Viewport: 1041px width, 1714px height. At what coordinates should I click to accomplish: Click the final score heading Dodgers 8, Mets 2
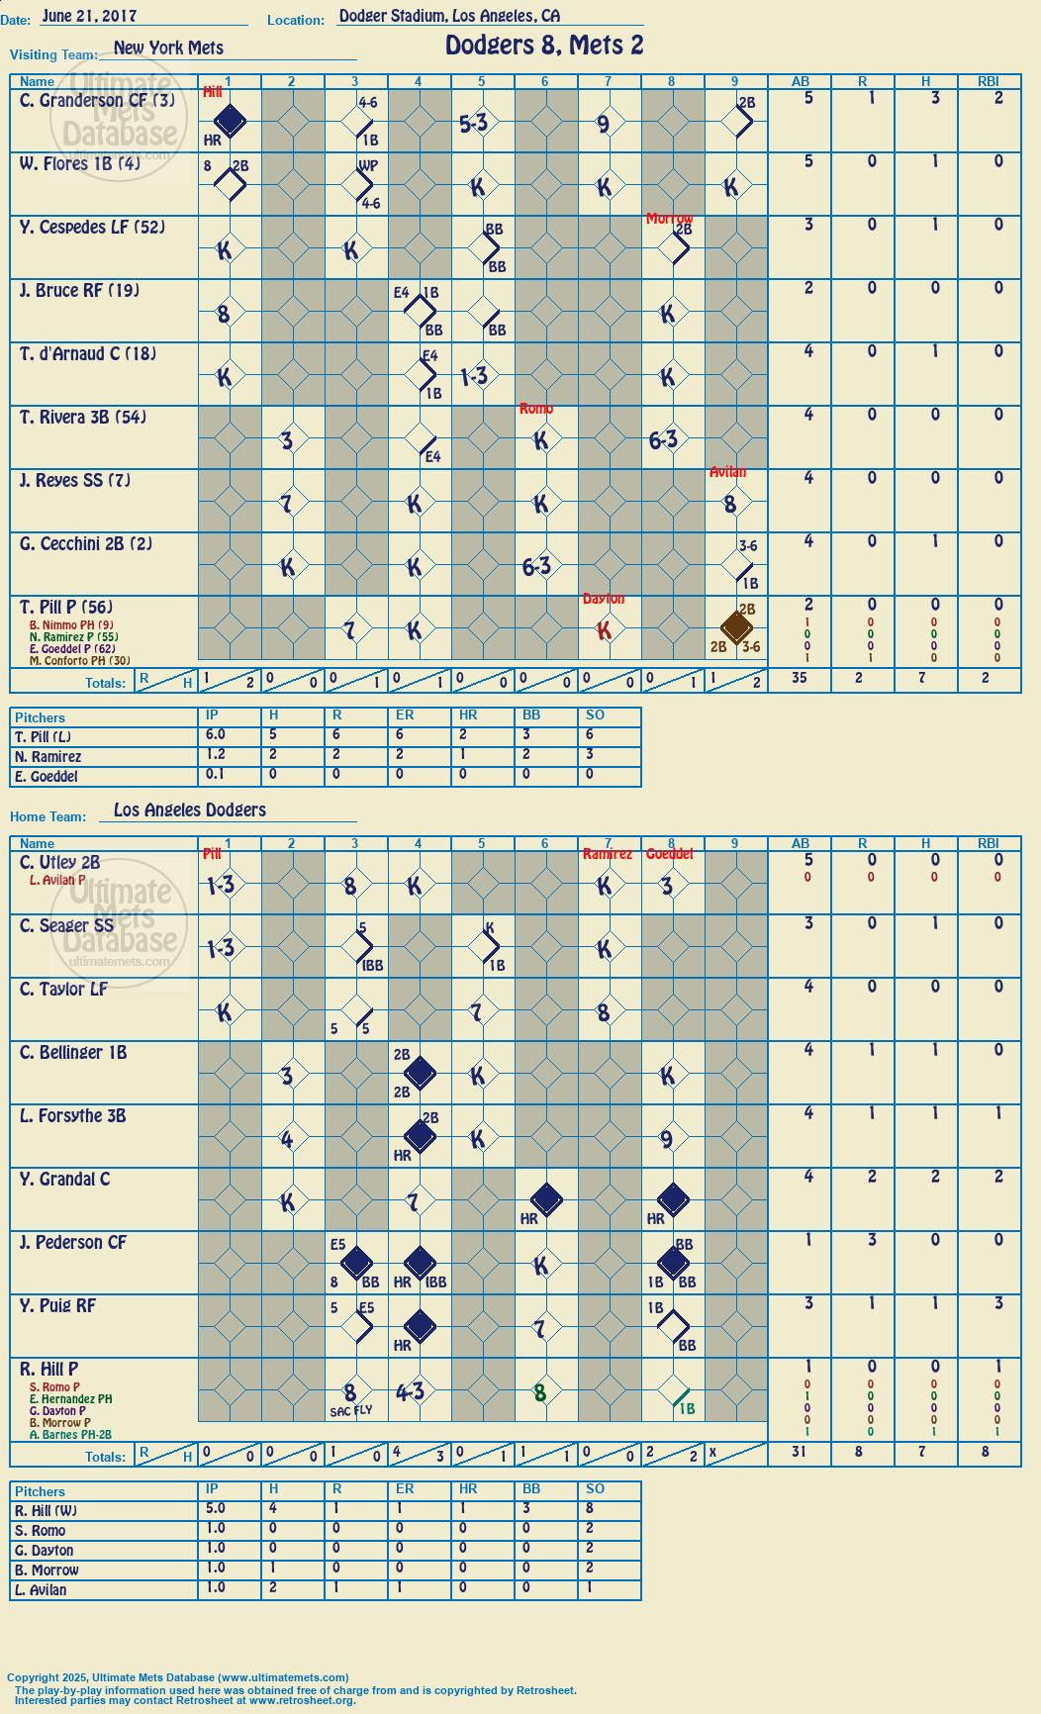544,46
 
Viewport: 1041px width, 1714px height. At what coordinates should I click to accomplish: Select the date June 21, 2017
90,16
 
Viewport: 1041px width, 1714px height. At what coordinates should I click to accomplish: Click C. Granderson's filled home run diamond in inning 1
230,122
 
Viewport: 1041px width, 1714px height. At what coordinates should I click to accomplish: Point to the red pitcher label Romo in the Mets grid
536,409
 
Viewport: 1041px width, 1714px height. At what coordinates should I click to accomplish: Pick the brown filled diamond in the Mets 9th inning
735,627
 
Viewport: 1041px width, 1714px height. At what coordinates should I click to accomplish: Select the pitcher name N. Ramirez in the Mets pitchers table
48,757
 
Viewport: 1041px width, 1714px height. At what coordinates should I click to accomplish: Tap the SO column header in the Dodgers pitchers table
595,1488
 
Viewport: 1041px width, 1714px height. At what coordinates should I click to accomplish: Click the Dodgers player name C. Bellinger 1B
73,1053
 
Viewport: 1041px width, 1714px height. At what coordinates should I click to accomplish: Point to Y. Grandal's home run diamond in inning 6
546,1200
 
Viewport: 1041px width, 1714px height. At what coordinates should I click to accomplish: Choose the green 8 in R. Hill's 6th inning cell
540,1392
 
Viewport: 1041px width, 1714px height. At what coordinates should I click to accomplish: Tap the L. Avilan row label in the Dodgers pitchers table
42,1590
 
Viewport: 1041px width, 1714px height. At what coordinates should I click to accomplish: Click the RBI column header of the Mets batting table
989,81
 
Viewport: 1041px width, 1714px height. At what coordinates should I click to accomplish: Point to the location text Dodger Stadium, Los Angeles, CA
449,16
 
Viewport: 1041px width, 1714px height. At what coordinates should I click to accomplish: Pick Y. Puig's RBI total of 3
997,1303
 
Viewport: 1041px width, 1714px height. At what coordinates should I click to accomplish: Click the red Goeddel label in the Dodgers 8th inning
669,854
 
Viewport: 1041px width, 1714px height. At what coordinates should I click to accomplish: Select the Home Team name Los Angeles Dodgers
190,809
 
